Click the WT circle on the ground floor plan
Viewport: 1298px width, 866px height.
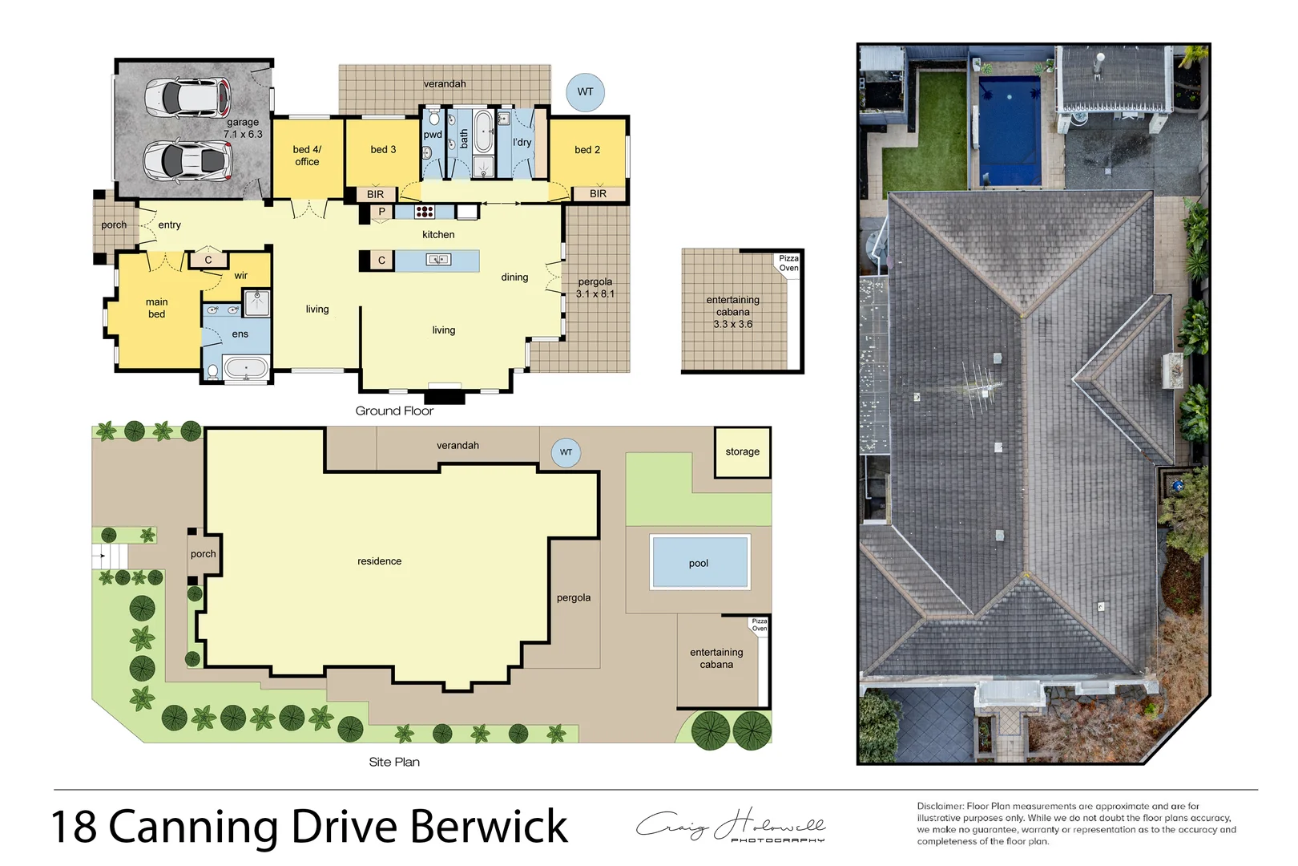coord(585,91)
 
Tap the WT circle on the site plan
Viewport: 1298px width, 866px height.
coord(566,452)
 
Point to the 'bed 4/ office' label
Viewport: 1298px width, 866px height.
coord(307,156)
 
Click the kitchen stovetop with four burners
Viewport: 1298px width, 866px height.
coord(425,212)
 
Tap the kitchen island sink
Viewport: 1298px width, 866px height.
coord(438,260)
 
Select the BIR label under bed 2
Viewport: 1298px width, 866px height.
coord(598,194)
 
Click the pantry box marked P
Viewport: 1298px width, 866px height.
coord(381,212)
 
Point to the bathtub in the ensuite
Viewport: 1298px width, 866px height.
coord(246,369)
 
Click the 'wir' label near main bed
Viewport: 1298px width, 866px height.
coord(240,276)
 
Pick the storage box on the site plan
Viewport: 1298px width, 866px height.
coord(742,452)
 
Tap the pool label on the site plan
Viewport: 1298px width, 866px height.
coord(699,564)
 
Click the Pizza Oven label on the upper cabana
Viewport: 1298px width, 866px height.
coord(788,263)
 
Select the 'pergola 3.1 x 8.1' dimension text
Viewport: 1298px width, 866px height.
coord(595,288)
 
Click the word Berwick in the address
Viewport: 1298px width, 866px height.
coord(489,827)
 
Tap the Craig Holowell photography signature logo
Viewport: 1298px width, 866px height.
coord(731,826)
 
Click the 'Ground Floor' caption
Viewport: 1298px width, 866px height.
coord(394,411)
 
